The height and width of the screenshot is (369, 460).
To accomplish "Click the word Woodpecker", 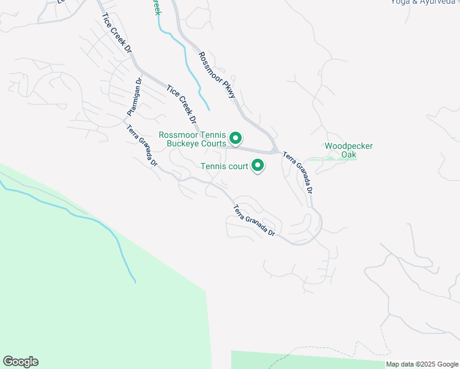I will point(349,146).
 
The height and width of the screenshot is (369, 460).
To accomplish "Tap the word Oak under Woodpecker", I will point(349,155).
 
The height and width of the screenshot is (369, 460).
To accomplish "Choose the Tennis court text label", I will point(224,166).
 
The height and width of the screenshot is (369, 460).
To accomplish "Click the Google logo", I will point(20,362).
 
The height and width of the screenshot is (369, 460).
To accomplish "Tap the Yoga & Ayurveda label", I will point(424,2).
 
